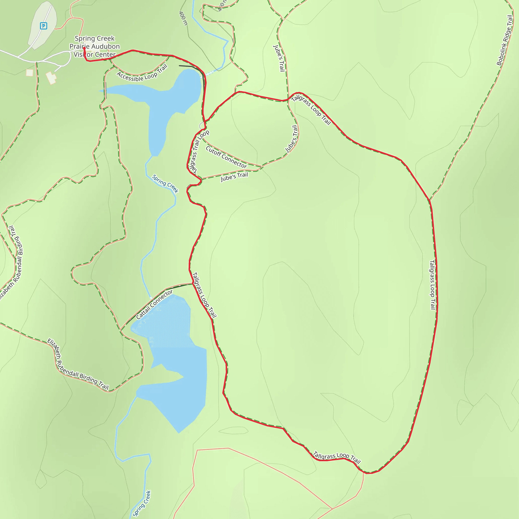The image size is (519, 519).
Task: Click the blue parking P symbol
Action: [44, 26]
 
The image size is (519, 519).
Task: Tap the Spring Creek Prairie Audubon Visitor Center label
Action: [95, 46]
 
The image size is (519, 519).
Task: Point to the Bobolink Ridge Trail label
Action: [504, 40]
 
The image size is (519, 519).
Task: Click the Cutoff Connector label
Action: [226, 157]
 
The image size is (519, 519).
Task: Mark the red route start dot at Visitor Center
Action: [84, 48]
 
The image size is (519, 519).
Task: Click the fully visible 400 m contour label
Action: [183, 18]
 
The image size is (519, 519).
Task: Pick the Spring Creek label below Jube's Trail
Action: [165, 184]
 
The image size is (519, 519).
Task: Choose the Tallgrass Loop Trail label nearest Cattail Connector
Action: [204, 295]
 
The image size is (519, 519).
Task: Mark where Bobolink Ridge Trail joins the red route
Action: [430, 200]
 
